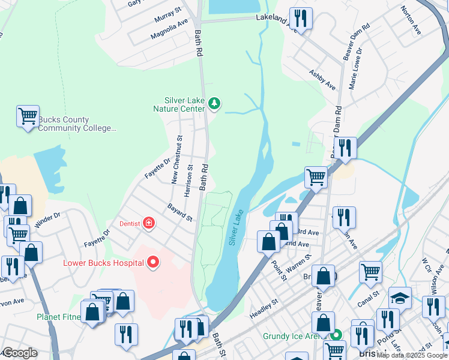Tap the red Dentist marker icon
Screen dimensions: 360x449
pos(148,224)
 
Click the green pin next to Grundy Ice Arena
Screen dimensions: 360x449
pos(337,335)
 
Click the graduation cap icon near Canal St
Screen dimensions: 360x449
pos(400,297)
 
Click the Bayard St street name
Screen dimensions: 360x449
pos(179,214)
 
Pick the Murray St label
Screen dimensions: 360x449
pos(167,11)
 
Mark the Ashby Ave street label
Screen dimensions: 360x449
pos(322,79)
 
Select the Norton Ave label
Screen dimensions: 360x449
pos(408,20)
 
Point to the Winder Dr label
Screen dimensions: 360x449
pos(48,221)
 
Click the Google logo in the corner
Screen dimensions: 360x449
pos(20,353)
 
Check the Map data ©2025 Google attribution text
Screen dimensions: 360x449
pos(412,355)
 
